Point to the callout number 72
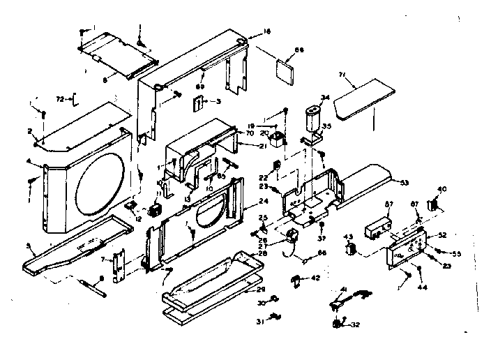pyautogui.click(x=59, y=100)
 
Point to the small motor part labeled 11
pyautogui.click(x=156, y=210)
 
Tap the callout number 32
pyautogui.click(x=356, y=325)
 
